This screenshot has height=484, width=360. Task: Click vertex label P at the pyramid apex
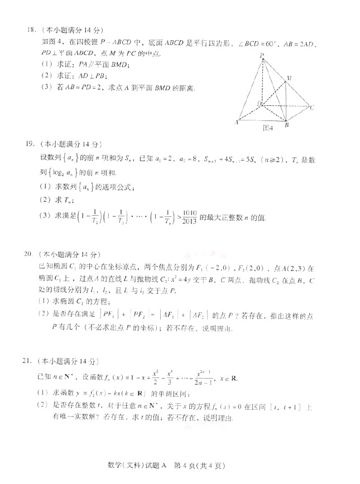pos(261,55)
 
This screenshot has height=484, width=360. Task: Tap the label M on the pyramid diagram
pos(289,78)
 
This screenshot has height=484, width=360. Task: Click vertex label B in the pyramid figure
pos(286,125)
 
